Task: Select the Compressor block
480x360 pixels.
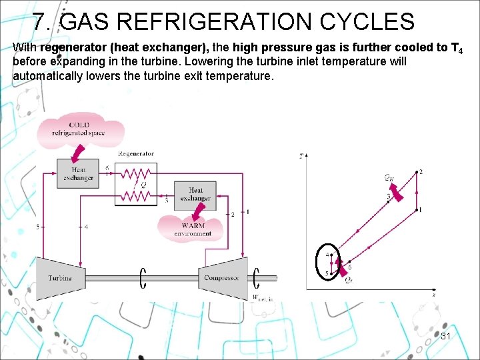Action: click(x=223, y=276)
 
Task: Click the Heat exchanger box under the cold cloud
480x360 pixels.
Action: click(x=79, y=174)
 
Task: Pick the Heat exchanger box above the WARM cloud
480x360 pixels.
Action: click(x=195, y=195)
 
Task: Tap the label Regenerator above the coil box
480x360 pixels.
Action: click(x=136, y=154)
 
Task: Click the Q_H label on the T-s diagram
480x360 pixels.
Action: click(x=388, y=177)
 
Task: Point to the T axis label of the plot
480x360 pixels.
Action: click(x=302, y=157)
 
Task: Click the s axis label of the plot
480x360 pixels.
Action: click(x=433, y=293)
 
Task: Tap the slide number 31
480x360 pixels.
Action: click(x=446, y=337)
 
